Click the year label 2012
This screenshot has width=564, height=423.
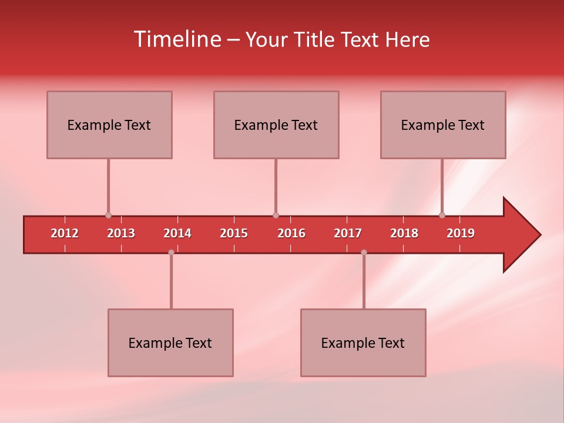click(x=65, y=233)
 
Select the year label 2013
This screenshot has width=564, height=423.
click(x=121, y=233)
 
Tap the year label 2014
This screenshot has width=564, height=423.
click(x=177, y=233)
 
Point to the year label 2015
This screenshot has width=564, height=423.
click(x=234, y=233)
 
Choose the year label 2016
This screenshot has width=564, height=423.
click(x=291, y=233)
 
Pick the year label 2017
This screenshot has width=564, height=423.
click(x=348, y=233)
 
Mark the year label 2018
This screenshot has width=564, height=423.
click(x=404, y=233)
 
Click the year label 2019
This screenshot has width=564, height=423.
click(x=461, y=233)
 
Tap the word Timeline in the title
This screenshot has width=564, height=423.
click(x=177, y=39)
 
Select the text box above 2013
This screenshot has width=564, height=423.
click(x=109, y=125)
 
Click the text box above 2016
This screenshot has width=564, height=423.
click(x=276, y=125)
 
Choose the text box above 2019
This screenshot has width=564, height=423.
click(x=443, y=125)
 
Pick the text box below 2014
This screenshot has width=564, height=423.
click(x=170, y=343)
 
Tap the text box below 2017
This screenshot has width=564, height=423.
click(x=363, y=343)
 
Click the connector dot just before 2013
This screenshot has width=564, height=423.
click(x=108, y=216)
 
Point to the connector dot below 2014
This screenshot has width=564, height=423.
click(x=171, y=252)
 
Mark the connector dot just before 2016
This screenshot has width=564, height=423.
click(x=276, y=216)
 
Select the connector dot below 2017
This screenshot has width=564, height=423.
click(x=364, y=252)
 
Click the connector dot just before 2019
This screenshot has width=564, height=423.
click(x=442, y=216)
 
